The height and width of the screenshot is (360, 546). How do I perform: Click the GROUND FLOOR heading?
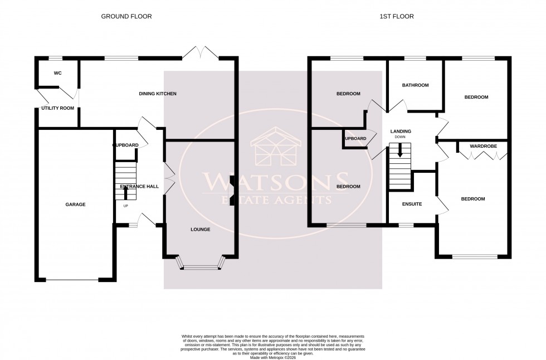(x=126, y=17)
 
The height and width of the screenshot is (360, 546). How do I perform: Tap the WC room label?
(x=57, y=73)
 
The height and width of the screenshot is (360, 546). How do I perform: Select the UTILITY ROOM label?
(x=57, y=108)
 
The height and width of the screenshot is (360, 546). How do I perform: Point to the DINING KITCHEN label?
(x=158, y=94)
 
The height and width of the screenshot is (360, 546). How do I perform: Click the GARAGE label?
(x=76, y=205)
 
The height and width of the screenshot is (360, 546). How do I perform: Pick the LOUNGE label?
(x=200, y=229)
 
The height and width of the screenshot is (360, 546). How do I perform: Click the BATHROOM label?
(x=416, y=85)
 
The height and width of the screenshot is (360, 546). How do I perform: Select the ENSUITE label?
(x=412, y=204)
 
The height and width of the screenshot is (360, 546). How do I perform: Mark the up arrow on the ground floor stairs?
(x=124, y=193)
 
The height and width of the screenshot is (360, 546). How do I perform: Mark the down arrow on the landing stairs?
(x=399, y=151)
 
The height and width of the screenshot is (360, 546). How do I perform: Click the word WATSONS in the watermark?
(x=273, y=182)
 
